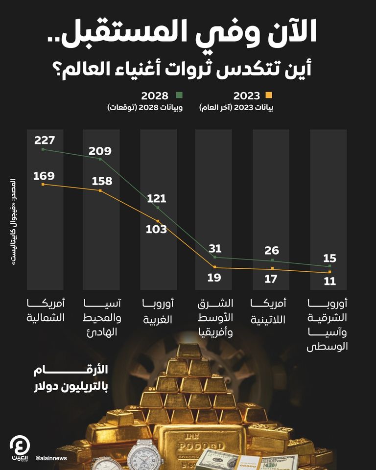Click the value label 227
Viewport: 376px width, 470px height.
click(x=44, y=140)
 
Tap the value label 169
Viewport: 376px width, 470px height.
click(x=44, y=175)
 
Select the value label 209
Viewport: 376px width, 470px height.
click(x=100, y=151)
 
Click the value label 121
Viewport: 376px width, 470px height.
click(x=157, y=199)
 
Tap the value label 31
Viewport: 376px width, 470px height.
click(x=215, y=248)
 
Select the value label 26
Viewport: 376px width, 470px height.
click(x=272, y=251)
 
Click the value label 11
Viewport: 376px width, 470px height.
click(x=330, y=281)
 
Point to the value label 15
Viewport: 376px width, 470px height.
click(x=330, y=258)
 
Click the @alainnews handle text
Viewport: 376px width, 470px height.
click(x=51, y=458)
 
